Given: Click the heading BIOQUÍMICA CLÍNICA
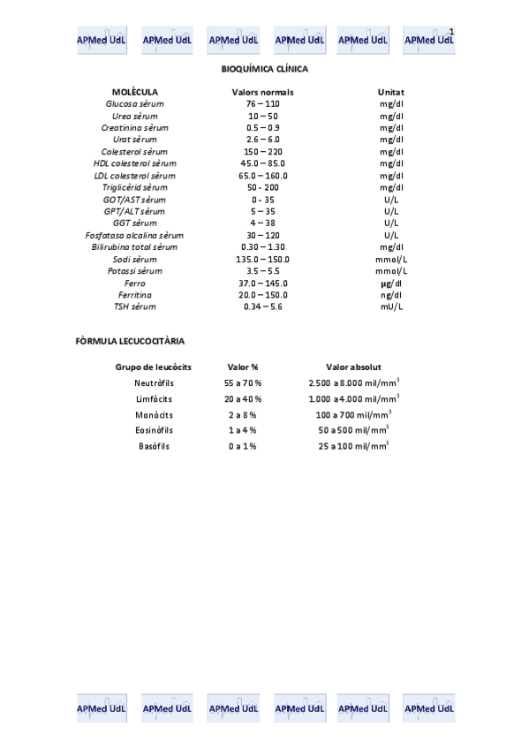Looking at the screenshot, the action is (264, 68).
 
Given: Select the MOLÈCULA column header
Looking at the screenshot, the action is (135, 92).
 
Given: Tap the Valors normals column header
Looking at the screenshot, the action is (262, 92).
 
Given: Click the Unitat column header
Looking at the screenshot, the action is (390, 92).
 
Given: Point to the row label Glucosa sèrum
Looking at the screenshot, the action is (135, 104).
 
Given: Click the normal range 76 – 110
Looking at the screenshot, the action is (262, 104).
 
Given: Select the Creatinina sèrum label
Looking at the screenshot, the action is (135, 128).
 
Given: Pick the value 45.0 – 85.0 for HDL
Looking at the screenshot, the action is (263, 163).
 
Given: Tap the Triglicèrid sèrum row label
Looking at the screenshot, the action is (135, 187).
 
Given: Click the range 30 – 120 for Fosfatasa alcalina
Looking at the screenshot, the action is (262, 235).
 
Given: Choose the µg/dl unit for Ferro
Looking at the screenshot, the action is (390, 283).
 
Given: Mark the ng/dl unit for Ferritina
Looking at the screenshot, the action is (390, 295).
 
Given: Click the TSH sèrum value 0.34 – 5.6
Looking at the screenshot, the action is (262, 306).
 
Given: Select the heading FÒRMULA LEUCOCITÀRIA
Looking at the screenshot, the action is (131, 340).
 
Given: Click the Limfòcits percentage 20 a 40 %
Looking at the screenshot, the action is (243, 399).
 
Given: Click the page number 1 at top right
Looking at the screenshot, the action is (451, 32).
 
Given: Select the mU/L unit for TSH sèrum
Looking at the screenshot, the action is (390, 306).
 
